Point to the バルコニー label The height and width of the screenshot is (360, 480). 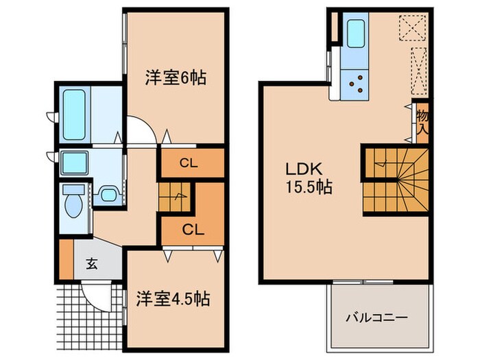click(376, 317)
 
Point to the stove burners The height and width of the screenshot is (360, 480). click(357, 85)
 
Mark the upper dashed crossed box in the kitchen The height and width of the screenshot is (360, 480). click(413, 27)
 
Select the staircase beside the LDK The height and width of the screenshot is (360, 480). click(396, 180)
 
